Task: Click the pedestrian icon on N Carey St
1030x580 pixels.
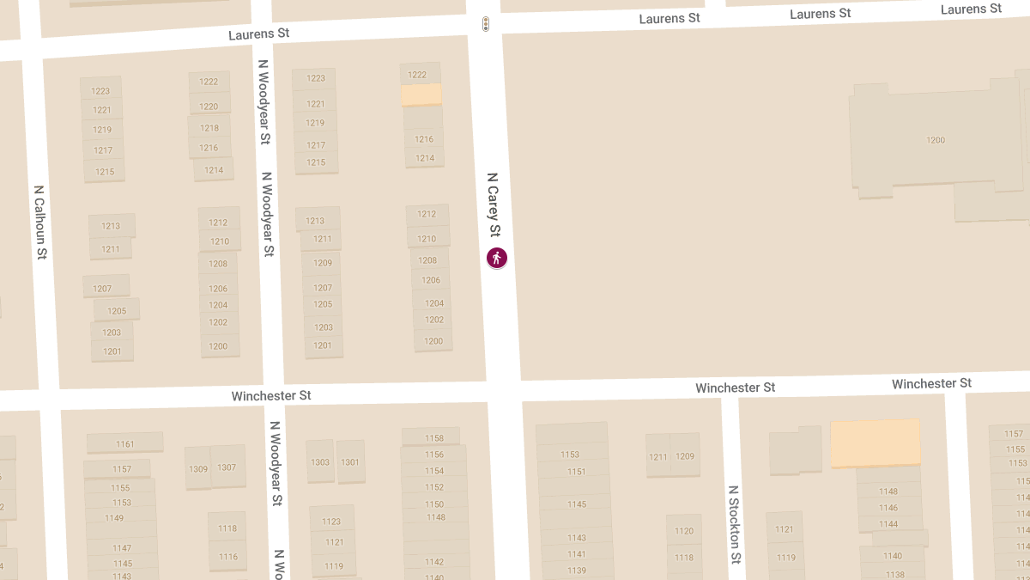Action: (x=497, y=257)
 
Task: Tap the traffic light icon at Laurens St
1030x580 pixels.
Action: (x=486, y=24)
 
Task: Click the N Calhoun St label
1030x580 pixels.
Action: (x=39, y=222)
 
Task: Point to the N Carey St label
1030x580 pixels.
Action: (x=493, y=205)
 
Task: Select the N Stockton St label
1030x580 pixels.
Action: (x=735, y=524)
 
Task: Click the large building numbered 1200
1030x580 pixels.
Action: (x=935, y=140)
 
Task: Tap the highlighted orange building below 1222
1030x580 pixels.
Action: (x=421, y=95)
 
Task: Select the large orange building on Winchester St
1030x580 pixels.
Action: (x=875, y=443)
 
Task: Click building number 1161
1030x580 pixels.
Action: (x=125, y=444)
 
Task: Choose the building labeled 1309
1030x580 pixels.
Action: (x=198, y=468)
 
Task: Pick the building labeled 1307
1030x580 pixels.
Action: (x=227, y=467)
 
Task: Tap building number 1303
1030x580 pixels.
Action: (x=320, y=462)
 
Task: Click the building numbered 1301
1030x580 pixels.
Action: (x=350, y=462)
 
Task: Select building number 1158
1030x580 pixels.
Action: (x=434, y=438)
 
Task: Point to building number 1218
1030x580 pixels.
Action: (x=209, y=128)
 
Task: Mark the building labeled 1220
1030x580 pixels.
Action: (x=209, y=107)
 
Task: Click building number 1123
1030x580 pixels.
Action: (x=331, y=521)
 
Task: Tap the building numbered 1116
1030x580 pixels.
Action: (x=227, y=557)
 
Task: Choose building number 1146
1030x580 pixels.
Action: (x=888, y=508)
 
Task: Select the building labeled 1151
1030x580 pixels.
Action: (x=576, y=472)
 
